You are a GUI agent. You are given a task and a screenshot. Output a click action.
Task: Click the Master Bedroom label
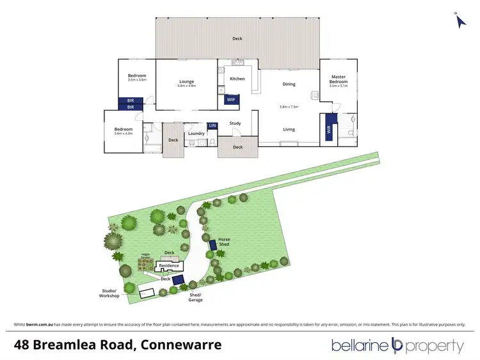[x=338, y=79]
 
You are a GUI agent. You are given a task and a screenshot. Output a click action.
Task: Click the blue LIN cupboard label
[x=212, y=125]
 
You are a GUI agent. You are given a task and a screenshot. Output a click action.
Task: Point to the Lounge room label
[x=186, y=81]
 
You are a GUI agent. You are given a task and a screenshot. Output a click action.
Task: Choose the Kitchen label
[x=237, y=79]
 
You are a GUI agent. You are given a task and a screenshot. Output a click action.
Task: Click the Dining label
[x=289, y=84]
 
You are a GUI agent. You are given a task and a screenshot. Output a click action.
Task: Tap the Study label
[x=235, y=123]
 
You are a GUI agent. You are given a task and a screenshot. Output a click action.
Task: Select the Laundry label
[x=196, y=134]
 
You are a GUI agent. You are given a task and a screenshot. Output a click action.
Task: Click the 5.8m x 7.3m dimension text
[x=289, y=106]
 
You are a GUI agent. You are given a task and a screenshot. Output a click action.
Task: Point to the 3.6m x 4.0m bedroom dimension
[x=124, y=134]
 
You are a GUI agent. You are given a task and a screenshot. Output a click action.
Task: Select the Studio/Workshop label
[x=109, y=293]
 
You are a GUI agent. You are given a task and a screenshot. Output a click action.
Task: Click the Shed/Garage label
[x=196, y=297]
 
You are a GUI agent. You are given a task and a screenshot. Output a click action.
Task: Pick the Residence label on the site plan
[x=164, y=265]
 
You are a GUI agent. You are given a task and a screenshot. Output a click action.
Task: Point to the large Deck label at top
[x=237, y=39]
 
